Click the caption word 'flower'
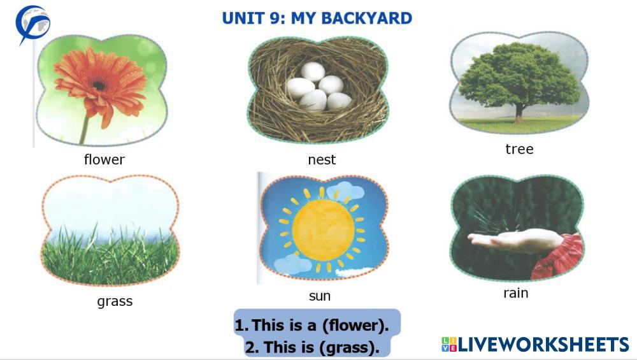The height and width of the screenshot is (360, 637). (104, 159)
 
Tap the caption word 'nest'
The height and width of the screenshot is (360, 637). (322, 160)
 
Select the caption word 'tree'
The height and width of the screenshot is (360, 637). (519, 149)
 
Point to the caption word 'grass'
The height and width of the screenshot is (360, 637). (115, 301)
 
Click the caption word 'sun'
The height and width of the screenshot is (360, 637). (320, 296)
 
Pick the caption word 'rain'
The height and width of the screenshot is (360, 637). (516, 293)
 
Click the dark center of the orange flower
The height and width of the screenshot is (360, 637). (99, 85)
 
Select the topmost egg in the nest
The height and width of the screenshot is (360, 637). (313, 71)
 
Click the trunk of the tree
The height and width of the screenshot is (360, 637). (519, 113)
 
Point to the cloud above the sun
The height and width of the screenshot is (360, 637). (345, 190)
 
